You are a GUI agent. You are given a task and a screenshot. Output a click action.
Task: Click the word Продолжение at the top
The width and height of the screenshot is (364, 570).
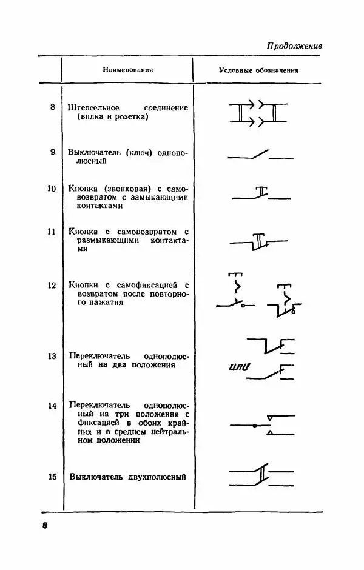coord(294,46)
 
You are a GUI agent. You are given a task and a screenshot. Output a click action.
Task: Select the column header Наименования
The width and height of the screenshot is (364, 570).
coord(127,70)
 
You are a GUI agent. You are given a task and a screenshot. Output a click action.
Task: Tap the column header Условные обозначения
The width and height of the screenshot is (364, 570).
coord(259,70)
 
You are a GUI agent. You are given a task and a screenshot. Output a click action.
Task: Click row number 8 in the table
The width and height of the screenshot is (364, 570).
coord(53,107)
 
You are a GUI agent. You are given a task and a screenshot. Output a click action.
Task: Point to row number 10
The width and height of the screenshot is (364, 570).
coord(52,187)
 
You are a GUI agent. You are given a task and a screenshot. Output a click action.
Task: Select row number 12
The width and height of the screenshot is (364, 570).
coord(52,284)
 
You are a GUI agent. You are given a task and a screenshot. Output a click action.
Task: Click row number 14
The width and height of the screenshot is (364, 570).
coord(52,405)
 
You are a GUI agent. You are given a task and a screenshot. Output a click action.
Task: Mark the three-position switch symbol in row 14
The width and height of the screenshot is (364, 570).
coord(262,425)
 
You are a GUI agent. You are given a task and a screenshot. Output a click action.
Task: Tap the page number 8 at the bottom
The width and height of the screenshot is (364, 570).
coord(44,525)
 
